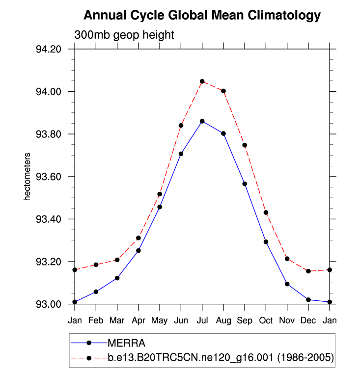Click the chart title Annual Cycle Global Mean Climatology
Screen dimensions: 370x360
point(202,16)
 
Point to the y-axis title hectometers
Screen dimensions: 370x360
point(28,177)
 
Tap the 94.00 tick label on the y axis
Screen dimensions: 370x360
point(48,92)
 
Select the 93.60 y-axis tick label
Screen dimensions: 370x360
point(48,177)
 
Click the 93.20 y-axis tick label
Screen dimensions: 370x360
point(48,262)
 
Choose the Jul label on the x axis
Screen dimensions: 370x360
point(202,320)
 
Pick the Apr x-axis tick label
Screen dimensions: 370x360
point(138,320)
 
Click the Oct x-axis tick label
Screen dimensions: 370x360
point(266,320)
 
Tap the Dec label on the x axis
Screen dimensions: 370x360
point(308,320)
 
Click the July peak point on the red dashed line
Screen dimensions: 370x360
point(202,81)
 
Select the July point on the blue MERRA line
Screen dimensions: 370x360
point(202,121)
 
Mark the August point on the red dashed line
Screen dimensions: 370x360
point(223,91)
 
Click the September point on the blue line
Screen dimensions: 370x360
point(245,184)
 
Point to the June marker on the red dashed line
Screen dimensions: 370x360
point(181,126)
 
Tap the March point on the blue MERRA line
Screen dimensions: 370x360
point(117,278)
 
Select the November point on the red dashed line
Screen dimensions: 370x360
point(287,259)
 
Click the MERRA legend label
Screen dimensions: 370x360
point(126,343)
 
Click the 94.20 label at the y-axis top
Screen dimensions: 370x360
point(48,50)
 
